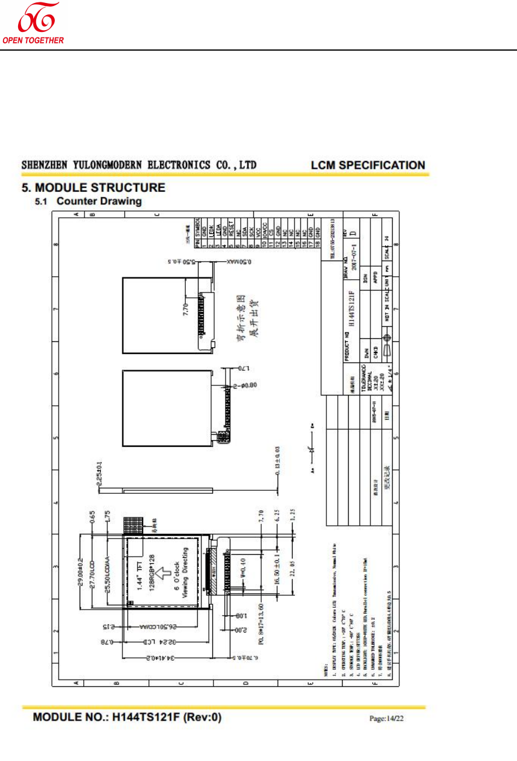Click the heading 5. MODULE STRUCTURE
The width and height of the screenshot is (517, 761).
pyautogui.click(x=94, y=188)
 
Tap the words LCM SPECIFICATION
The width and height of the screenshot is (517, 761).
pyautogui.click(x=367, y=165)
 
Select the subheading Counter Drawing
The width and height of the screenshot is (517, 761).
pyautogui.click(x=99, y=201)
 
